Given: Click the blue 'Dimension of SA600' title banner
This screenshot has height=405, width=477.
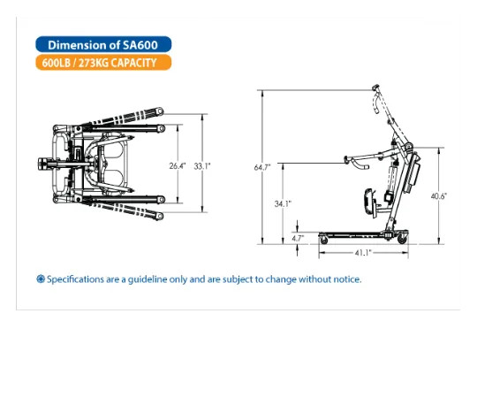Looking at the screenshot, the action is pos(103,44).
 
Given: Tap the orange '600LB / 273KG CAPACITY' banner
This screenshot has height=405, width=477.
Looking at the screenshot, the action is pos(103,63).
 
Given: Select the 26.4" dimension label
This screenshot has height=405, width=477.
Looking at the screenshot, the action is pos(178,166).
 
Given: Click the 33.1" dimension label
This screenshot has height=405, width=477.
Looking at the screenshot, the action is pos(202,166).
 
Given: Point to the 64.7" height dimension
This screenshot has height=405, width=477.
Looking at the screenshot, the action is pos(262,167).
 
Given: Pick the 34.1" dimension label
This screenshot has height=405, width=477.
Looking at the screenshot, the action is pos(283,203).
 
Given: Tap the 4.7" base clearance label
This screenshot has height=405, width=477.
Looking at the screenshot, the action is pos(298,238).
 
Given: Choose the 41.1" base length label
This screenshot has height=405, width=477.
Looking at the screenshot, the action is pos(363,253).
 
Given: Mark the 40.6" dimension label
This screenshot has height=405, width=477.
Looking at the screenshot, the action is pos(438,196).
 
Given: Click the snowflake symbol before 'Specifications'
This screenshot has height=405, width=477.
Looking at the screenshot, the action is pos(41,279).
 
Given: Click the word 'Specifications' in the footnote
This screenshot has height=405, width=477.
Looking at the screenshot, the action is pos(75,279).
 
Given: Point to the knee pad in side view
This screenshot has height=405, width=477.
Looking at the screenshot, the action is pos(368,202).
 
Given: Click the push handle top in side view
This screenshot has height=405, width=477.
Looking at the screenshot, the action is pos(375,88).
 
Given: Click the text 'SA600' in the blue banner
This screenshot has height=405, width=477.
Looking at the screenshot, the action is pos(140,45).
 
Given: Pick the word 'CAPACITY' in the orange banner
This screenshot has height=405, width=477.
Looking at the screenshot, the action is pos(133,63).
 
